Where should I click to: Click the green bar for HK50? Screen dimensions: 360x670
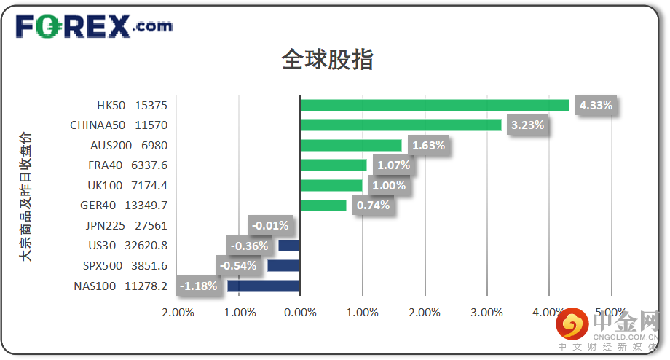coord(434,105)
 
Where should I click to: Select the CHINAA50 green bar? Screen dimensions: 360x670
coord(401,125)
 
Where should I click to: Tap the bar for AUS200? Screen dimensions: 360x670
coord(350,145)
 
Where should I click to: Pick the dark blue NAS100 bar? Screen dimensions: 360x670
coord(264,286)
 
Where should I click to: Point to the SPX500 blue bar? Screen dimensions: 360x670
coord(283,265)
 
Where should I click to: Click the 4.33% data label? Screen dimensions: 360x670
coord(596,105)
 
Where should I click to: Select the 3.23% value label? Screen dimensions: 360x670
coord(528,125)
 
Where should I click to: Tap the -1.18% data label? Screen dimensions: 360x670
coord(199,286)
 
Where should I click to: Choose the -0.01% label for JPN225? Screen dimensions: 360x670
coord(271,225)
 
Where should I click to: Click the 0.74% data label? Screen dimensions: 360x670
coord(373,206)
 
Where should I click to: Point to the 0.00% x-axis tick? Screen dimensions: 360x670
coord(300,313)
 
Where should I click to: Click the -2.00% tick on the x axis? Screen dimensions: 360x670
coord(176,313)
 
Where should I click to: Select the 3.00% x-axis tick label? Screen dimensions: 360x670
coord(486,313)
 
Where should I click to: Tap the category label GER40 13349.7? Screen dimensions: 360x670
coord(126,206)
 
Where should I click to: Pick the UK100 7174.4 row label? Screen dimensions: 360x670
coord(127,185)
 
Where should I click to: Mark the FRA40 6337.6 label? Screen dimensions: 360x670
coord(127,165)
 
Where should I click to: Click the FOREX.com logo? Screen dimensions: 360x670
coord(94,27)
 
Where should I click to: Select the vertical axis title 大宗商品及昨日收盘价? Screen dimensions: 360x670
coord(26,197)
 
